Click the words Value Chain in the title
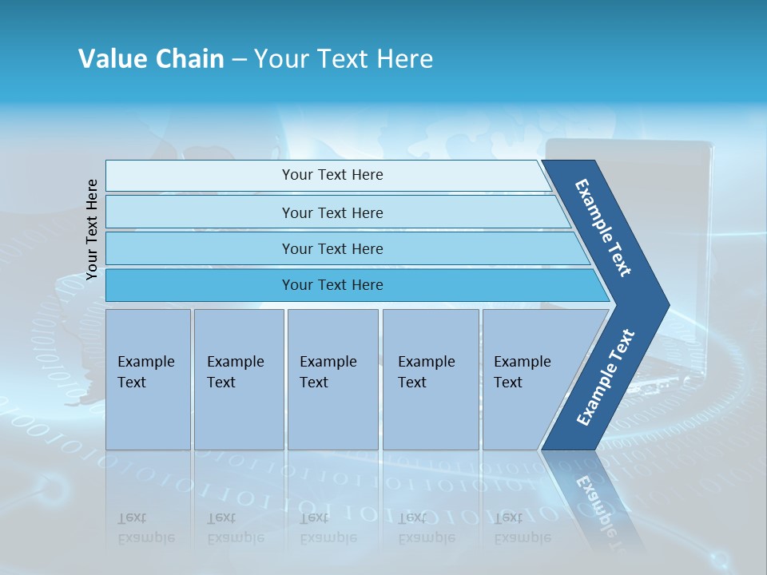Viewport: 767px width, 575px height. (151, 59)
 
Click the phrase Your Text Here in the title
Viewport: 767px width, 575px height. (344, 59)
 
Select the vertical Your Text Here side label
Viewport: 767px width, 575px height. (92, 229)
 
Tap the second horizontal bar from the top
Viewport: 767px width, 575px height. (332, 212)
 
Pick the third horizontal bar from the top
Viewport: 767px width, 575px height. (332, 248)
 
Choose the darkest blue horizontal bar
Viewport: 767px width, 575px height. (332, 285)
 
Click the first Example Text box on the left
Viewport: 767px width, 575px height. (148, 379)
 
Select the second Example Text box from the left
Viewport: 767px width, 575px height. (239, 379)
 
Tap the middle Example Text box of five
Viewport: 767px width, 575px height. (332, 379)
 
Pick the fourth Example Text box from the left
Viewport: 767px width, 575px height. (431, 379)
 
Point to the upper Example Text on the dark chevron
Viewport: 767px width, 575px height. (603, 228)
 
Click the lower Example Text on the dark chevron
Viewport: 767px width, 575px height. (605, 378)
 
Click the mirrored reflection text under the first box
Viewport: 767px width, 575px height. (145, 529)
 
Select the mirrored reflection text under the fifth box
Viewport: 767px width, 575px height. (523, 529)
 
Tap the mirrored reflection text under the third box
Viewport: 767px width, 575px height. (328, 529)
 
